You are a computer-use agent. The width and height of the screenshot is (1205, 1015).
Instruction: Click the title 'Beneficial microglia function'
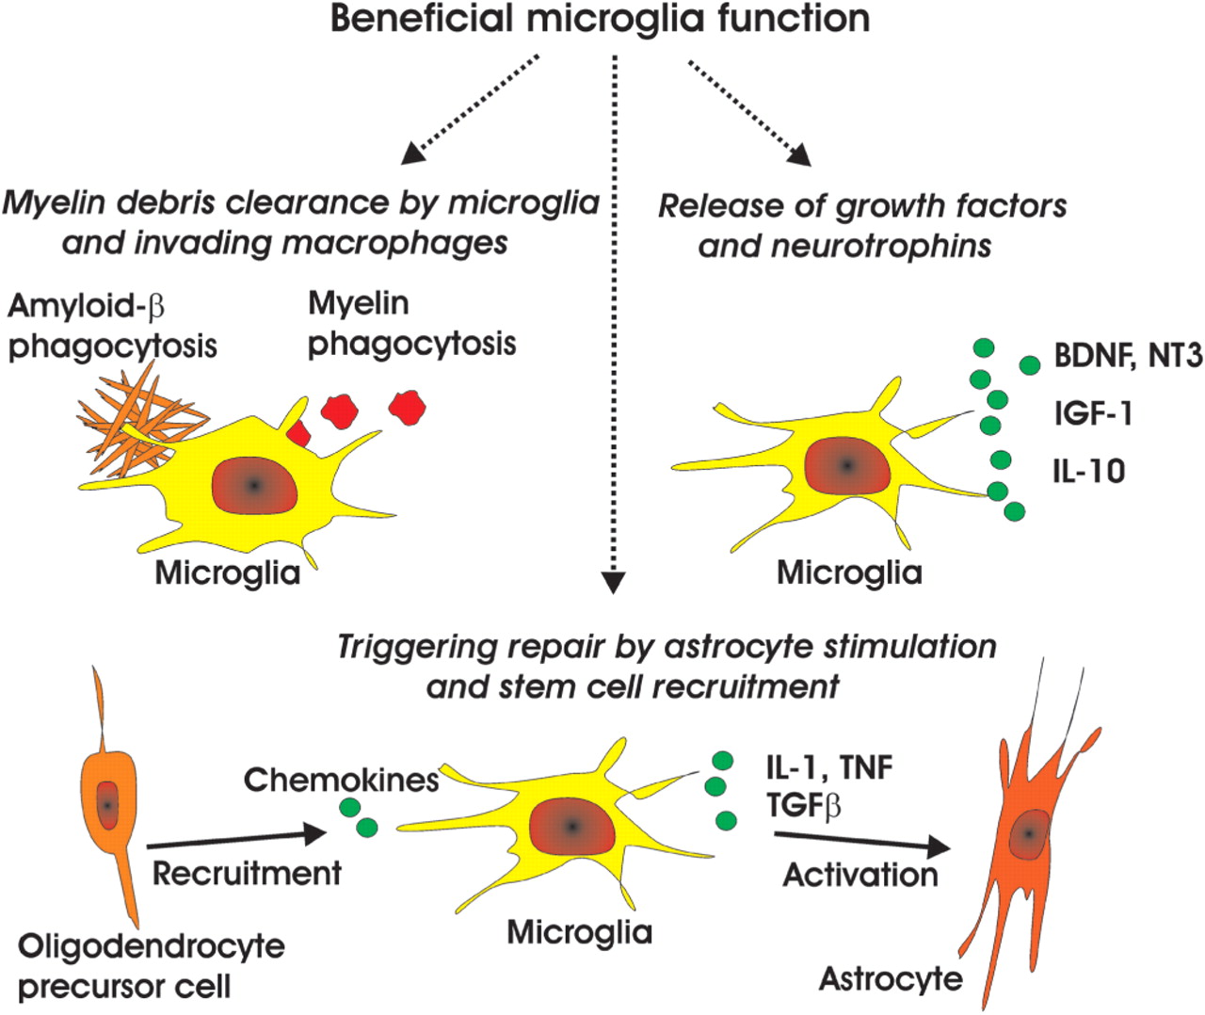coord(601,19)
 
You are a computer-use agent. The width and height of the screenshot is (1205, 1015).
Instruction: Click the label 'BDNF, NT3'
coord(1128,357)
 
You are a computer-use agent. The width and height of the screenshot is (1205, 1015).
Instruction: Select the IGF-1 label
coord(1092,412)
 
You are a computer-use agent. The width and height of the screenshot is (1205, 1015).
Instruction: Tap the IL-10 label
coord(1088,470)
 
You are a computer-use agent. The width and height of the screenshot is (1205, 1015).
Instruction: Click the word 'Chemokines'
coord(342,780)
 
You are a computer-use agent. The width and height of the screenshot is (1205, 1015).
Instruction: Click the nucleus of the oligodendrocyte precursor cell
coord(108,805)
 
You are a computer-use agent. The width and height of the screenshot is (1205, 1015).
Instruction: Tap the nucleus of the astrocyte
coord(1031,833)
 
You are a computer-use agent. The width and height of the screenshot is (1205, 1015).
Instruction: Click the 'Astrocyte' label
coord(891,978)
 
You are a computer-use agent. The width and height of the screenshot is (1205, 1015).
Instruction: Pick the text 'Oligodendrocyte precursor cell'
coord(151,966)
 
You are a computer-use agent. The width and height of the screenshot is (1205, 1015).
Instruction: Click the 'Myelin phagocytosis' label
coord(411,323)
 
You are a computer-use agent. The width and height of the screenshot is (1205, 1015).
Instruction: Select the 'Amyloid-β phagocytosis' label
coord(112,326)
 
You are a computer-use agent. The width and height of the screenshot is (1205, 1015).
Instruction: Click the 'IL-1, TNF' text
coord(828,766)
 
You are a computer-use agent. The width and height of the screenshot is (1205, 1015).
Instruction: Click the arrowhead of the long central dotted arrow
coord(613,583)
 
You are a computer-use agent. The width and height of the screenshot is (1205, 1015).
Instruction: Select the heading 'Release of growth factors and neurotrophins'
coord(861,225)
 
